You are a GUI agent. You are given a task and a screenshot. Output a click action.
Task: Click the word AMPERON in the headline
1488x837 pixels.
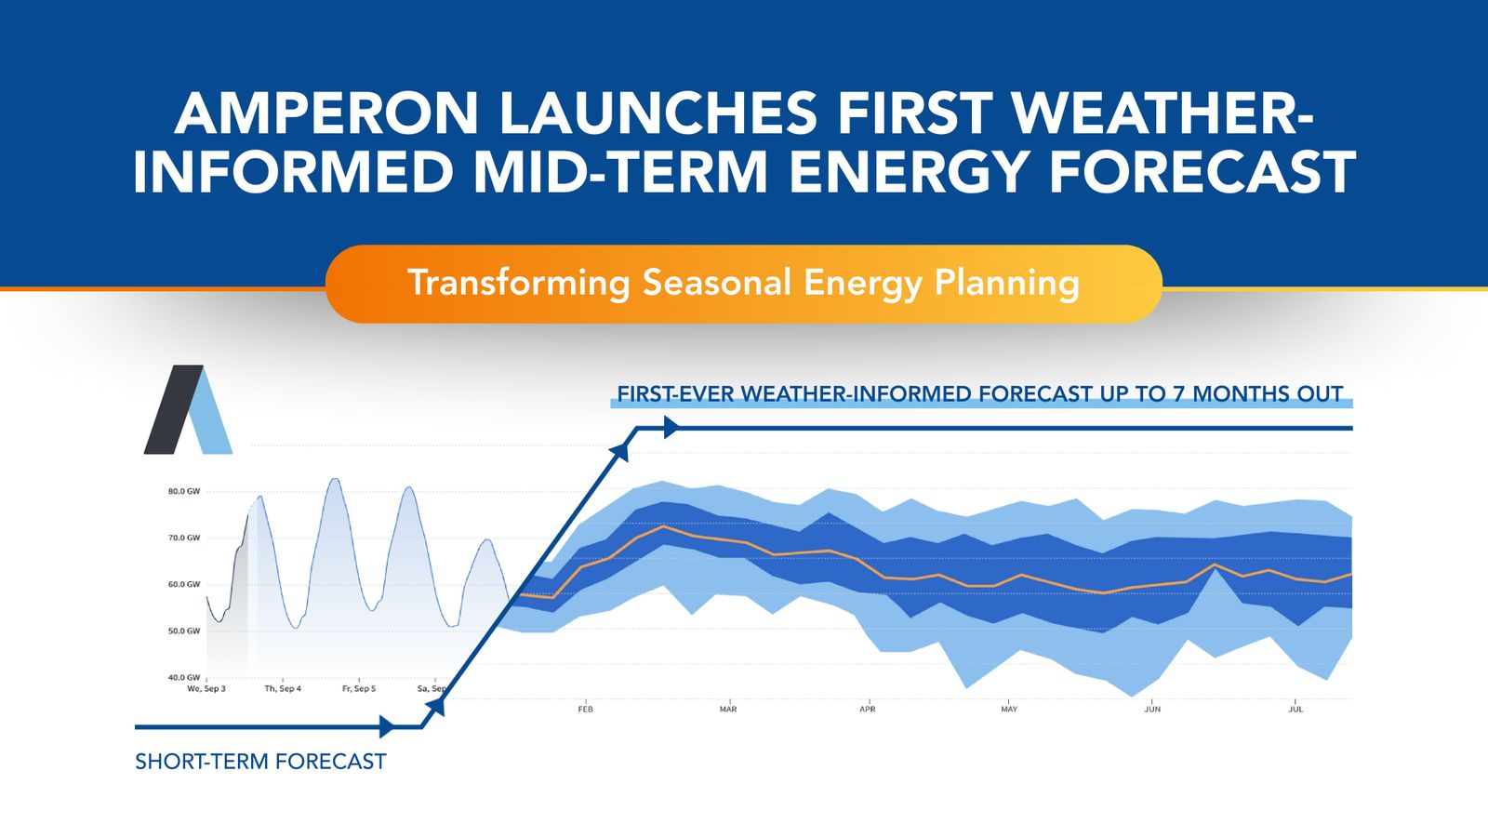coord(325,113)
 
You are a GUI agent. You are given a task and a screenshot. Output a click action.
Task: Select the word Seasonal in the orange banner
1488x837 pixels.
coord(717,283)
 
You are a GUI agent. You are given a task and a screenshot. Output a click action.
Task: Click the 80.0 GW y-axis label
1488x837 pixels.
coord(184,491)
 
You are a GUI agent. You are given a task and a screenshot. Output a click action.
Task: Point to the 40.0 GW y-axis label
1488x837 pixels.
coord(184,677)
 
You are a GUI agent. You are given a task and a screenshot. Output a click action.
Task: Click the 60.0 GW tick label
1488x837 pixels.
coord(184,584)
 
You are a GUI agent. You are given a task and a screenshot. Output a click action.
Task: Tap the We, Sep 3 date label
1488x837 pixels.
coord(206,689)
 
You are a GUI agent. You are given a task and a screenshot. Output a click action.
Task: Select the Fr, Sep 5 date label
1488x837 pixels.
coord(359,689)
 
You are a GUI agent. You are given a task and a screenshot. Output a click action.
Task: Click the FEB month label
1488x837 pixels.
coord(585,710)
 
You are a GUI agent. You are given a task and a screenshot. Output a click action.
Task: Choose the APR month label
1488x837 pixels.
coord(868,710)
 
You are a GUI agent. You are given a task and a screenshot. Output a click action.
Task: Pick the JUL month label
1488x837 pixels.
coord(1295,710)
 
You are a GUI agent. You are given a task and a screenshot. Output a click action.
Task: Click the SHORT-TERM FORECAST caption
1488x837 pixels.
coord(260,762)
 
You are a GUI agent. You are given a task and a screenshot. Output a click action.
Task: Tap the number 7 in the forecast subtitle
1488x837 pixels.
coord(1178,394)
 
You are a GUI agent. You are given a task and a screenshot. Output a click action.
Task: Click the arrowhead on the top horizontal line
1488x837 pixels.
coord(671,428)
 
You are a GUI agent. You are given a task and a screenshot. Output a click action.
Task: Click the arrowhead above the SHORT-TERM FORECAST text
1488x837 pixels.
coord(387,726)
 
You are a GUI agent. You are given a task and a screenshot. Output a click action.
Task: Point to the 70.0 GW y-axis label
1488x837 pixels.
coord(184,538)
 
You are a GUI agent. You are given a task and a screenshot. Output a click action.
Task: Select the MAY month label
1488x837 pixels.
coord(1009,710)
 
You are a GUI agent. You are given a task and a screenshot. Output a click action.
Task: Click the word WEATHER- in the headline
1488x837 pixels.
coord(1162,113)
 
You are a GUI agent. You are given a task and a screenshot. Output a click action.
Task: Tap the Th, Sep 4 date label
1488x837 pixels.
coord(283,689)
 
